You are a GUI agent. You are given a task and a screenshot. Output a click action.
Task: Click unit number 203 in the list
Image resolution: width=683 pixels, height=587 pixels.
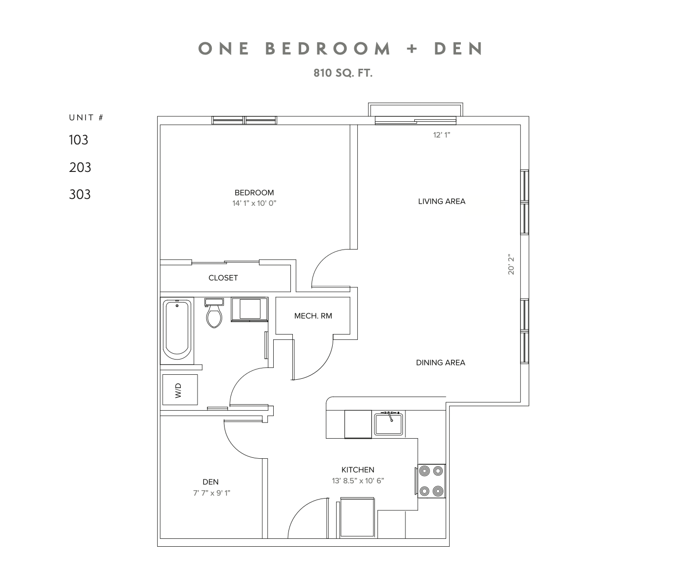(80, 168)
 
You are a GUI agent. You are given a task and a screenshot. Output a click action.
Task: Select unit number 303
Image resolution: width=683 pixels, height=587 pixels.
(80, 195)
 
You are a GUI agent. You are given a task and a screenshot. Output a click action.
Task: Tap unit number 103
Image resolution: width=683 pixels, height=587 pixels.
(79, 140)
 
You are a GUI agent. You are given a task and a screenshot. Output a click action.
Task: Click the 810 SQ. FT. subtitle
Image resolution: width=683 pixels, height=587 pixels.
(343, 73)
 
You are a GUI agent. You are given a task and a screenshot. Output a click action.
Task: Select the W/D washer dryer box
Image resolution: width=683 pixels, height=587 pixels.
(179, 390)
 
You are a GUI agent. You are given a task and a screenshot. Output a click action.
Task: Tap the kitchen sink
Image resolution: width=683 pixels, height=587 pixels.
(389, 424)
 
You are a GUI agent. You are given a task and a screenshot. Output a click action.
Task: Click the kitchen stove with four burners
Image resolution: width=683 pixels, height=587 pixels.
(431, 481)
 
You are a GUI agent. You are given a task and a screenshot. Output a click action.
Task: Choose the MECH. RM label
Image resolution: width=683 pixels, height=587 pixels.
(313, 316)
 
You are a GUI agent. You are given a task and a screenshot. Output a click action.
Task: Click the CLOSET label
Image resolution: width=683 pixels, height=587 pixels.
(223, 278)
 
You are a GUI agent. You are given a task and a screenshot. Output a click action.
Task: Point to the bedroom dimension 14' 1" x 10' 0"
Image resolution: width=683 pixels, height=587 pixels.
(254, 203)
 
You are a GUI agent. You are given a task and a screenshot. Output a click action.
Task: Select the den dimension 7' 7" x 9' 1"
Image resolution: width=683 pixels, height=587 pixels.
(211, 493)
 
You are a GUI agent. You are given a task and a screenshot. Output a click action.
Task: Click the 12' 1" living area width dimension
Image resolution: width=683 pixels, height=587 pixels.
(441, 135)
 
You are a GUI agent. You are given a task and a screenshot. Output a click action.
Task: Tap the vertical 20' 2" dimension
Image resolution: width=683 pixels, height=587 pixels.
(512, 264)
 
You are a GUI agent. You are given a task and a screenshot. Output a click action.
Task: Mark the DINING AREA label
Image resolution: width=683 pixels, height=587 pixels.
(440, 363)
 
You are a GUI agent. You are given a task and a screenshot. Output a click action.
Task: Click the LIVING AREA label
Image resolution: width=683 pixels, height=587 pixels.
(441, 201)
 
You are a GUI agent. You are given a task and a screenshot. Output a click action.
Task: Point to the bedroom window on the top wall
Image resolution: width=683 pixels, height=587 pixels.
(244, 120)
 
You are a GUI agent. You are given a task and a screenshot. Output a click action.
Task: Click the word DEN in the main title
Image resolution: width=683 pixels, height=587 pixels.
(458, 49)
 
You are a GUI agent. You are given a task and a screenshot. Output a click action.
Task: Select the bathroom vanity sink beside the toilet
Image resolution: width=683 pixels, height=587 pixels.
(250, 309)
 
